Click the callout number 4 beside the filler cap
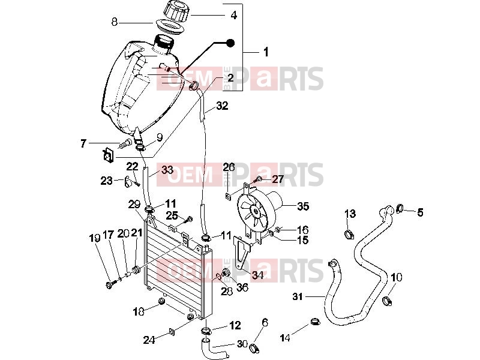(233, 15)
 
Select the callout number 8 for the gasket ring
(115, 22)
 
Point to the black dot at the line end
(230, 43)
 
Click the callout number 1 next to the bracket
(266, 52)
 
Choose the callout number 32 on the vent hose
(223, 106)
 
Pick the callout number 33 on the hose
(167, 170)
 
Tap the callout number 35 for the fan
(303, 206)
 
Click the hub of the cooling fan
(254, 211)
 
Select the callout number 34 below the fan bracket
(257, 275)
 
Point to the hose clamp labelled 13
(350, 235)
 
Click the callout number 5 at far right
(421, 212)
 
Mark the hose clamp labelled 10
(388, 301)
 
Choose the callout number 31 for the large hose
(297, 296)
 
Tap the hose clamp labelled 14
(315, 322)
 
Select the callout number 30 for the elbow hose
(242, 344)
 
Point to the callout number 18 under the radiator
(139, 311)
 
